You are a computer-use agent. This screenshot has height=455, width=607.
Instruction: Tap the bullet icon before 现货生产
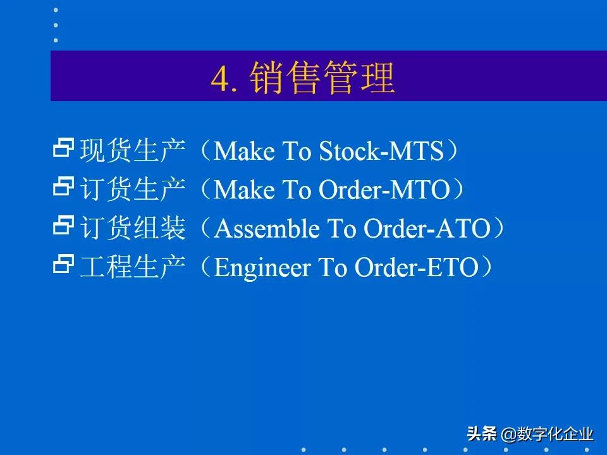(x=64, y=149)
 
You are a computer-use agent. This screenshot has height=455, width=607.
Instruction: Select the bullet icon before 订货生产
(x=64, y=188)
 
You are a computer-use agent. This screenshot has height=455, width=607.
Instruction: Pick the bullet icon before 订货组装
(x=64, y=226)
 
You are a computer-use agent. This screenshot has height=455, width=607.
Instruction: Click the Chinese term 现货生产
(x=133, y=152)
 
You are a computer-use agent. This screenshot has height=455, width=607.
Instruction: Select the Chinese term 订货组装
(x=133, y=229)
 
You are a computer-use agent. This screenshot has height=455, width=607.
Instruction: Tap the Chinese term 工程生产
(x=133, y=267)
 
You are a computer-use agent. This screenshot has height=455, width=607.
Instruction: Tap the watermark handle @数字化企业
(x=548, y=434)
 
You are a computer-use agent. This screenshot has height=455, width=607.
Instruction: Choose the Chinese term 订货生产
(x=133, y=190)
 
